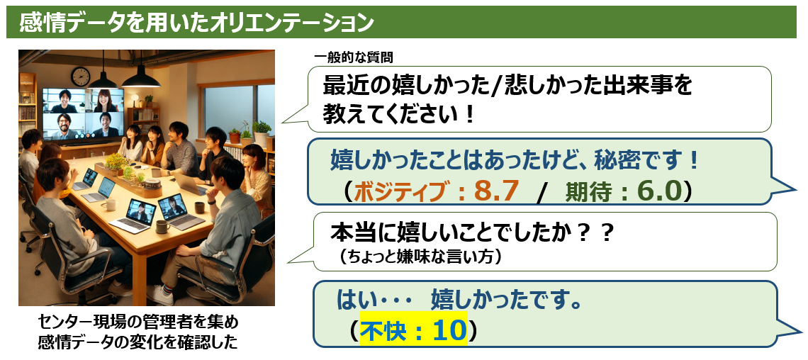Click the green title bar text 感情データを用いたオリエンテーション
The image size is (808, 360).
point(196,23)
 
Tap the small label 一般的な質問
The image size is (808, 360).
point(354,58)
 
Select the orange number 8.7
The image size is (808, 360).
point(495,191)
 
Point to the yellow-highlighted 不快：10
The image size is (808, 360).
point(413,330)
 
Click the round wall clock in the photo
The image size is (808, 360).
point(80,77)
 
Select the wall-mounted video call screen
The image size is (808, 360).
point(84,114)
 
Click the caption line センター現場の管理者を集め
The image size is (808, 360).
point(139,323)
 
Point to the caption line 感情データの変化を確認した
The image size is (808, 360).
point(139,342)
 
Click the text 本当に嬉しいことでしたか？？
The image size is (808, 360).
point(472,235)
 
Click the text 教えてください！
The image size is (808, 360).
point(398,114)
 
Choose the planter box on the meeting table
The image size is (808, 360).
point(128,180)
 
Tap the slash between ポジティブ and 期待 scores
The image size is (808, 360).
point(541,193)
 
